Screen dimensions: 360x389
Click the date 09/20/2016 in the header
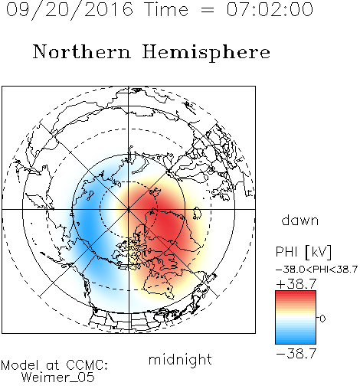70,10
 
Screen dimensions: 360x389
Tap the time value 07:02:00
270,9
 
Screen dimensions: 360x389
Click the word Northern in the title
82,51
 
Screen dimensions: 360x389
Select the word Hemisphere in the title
206,53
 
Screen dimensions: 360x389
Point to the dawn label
300,220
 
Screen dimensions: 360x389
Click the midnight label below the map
180,359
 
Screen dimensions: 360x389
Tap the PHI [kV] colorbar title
303,252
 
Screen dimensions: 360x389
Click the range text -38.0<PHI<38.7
316,270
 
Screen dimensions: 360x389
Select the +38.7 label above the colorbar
296,284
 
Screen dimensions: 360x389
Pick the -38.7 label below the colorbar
296,354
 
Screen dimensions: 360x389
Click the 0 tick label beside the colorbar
322,319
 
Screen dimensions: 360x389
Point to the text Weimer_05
58,377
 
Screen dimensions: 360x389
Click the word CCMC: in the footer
87,365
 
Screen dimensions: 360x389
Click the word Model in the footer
20,365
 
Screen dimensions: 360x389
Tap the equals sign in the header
208,10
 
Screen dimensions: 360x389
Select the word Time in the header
166,9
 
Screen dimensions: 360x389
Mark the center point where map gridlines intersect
129,209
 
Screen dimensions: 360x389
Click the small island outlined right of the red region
197,213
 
